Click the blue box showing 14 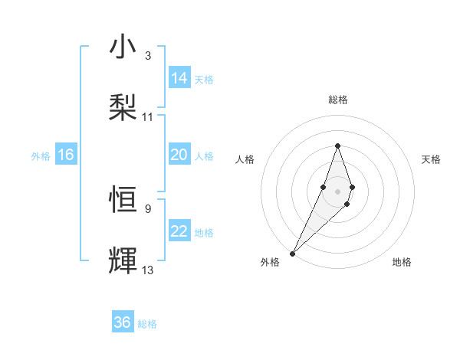point(179,78)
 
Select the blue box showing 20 point(179,155)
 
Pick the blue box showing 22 point(179,232)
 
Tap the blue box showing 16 point(66,155)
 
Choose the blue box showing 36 point(123,322)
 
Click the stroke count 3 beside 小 point(148,56)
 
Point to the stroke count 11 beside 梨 point(148,116)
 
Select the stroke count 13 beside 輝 point(148,270)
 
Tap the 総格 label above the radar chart point(337,100)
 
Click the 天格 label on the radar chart point(431,159)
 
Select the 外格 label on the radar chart point(269,262)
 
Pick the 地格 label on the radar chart point(402,262)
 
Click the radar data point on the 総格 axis point(337,146)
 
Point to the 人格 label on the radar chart point(245,159)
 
